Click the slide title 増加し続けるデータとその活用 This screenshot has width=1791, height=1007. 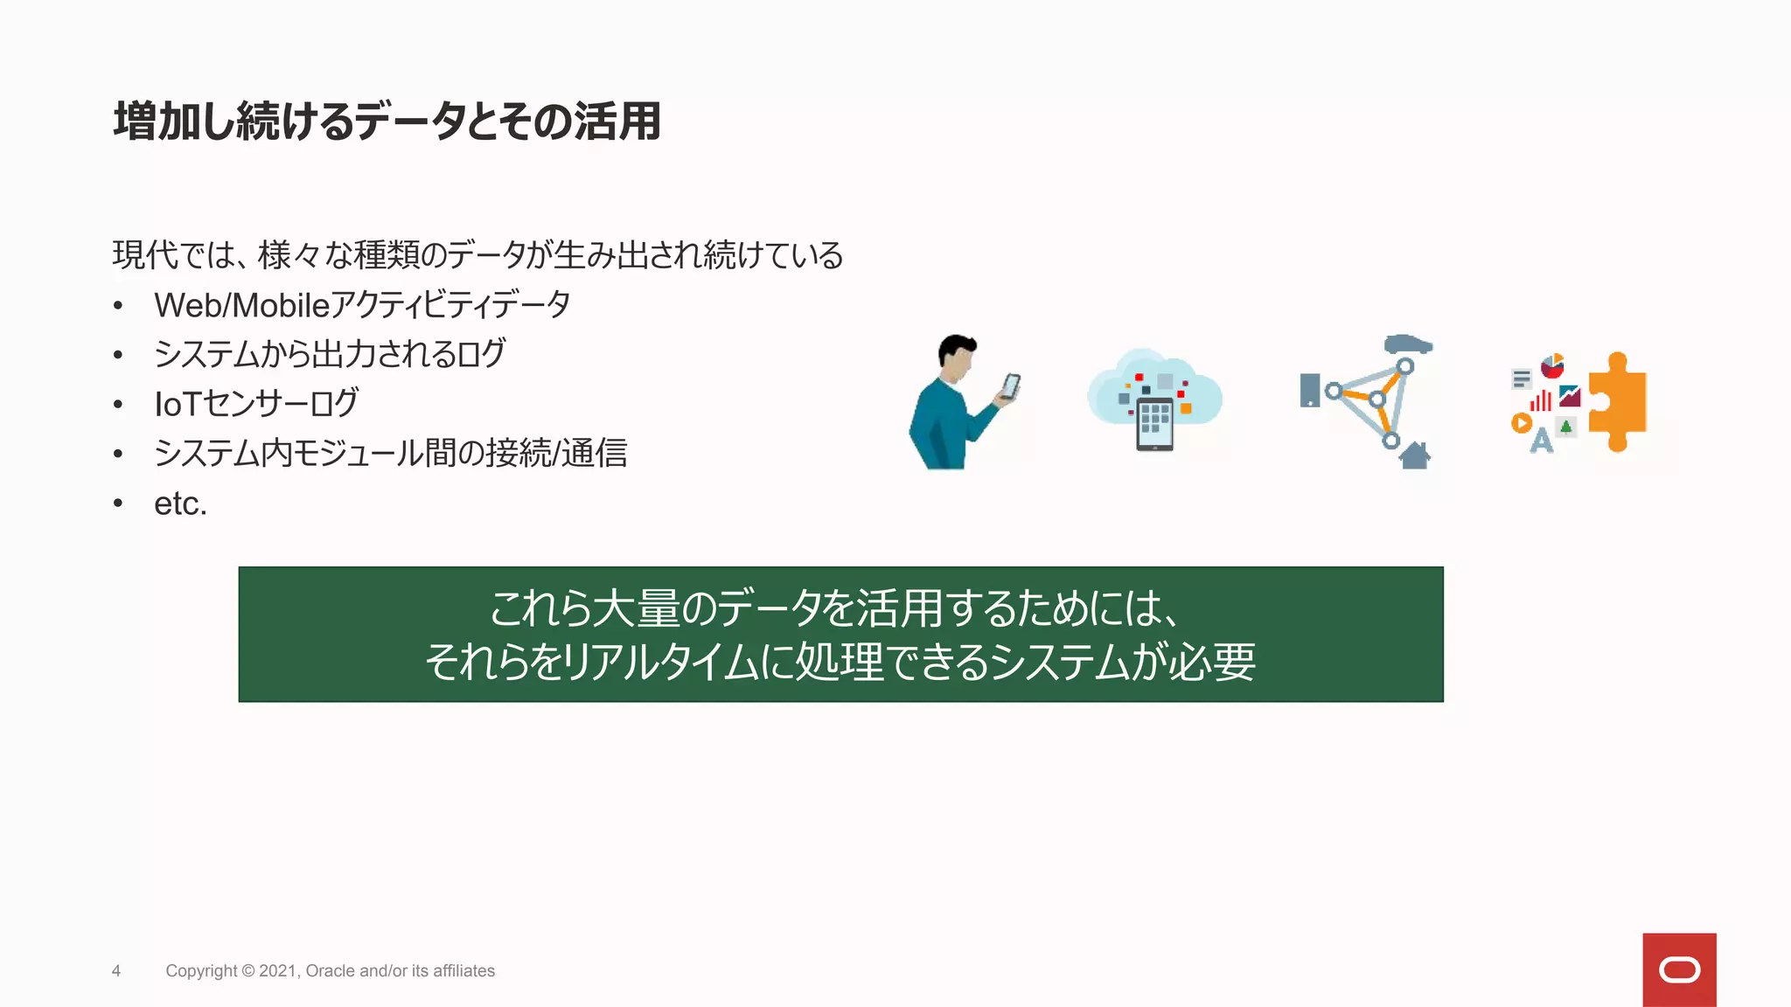[387, 121]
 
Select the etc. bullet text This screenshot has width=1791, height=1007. [180, 503]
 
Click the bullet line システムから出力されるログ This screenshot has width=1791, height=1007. [329, 354]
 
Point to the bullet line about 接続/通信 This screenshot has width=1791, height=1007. [390, 454]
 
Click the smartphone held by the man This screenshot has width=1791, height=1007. [1010, 386]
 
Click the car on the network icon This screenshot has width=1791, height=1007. [1407, 344]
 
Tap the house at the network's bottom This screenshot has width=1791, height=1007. [1414, 455]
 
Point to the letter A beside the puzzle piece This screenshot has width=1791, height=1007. [1541, 441]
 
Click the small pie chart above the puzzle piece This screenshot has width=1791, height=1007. [1551, 365]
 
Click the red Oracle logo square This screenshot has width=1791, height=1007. [1678, 969]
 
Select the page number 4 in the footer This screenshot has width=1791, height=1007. [116, 971]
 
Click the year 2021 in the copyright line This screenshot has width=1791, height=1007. [278, 971]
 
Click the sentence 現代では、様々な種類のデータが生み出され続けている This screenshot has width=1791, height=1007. [477, 255]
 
